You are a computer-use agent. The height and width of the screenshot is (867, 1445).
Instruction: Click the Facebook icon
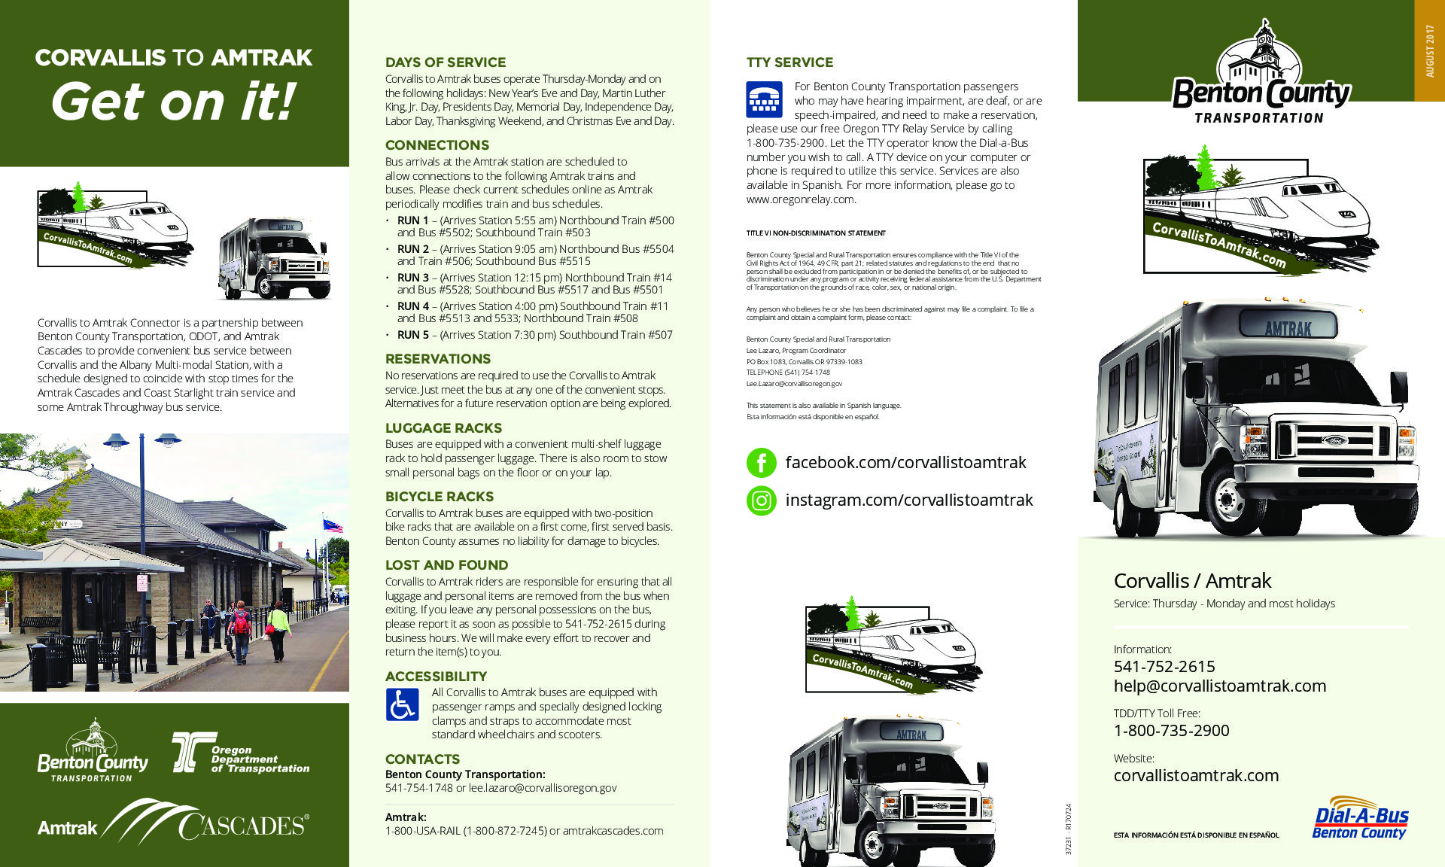tap(761, 463)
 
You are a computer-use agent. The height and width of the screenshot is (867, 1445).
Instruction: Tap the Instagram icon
tap(761, 500)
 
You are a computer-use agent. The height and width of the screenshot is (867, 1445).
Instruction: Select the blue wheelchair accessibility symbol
tap(402, 705)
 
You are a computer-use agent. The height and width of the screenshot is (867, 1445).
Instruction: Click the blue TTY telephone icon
tap(764, 99)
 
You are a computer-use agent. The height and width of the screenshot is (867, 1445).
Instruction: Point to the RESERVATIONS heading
tap(437, 359)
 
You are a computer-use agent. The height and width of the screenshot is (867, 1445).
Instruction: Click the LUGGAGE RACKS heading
tap(443, 428)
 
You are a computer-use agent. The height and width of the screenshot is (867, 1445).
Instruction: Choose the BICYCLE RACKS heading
tap(439, 497)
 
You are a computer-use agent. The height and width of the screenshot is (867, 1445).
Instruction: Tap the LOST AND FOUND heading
tap(446, 565)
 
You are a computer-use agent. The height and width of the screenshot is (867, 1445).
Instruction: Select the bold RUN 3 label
tap(412, 278)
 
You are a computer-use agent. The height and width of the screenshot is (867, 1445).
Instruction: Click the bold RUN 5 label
tap(412, 335)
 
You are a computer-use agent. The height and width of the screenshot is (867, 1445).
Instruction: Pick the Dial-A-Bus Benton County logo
tap(1361, 819)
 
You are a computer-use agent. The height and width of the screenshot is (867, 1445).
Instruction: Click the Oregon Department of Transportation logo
tap(241, 753)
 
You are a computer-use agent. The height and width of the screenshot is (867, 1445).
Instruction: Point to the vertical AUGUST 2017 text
tap(1430, 51)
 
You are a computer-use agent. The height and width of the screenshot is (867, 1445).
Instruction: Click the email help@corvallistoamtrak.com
tap(1219, 686)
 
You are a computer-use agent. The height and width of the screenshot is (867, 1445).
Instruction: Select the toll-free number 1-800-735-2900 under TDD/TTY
tap(1171, 731)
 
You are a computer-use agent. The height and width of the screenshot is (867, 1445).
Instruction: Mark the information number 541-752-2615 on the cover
tap(1164, 667)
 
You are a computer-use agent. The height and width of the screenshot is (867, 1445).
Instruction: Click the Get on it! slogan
tap(173, 102)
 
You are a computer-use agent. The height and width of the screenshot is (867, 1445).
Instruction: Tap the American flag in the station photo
tap(332, 525)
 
